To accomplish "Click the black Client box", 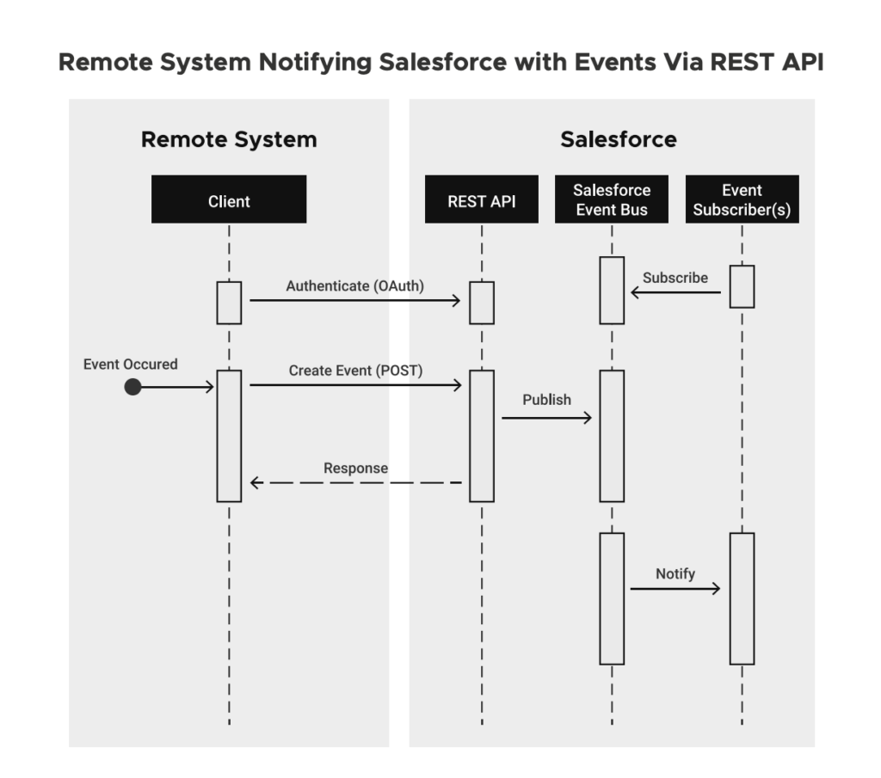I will tap(229, 199).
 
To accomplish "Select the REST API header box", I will tap(481, 199).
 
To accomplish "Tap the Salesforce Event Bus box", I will tap(612, 199).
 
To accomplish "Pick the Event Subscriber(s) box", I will tap(742, 199).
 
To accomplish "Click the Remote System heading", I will tap(229, 139).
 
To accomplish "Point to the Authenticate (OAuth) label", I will tap(355, 286).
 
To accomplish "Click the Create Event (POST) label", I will tap(355, 371).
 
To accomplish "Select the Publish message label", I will tap(546, 399).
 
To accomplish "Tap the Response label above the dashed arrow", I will tap(355, 469).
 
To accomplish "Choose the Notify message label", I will tap(675, 573).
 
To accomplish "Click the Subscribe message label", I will tap(675, 278).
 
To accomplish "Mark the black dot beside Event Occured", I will tap(132, 388).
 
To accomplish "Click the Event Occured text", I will tap(131, 364).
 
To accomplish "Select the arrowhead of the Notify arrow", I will tap(716, 589).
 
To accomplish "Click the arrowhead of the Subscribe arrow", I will tap(636, 293).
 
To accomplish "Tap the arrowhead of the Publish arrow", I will tap(588, 418).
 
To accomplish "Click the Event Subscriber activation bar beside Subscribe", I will tap(742, 286).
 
